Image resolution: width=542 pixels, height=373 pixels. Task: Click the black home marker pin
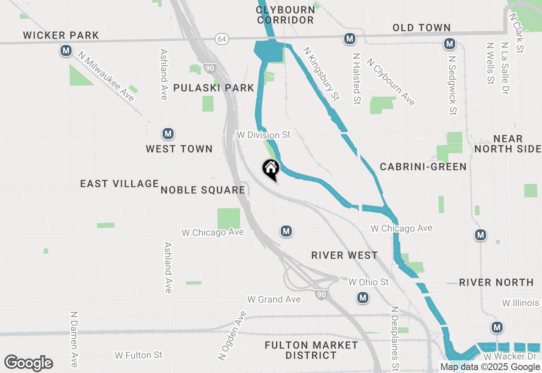tap(271, 169)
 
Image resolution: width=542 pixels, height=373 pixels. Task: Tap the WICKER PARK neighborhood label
tap(61, 35)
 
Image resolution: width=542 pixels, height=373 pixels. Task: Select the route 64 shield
tap(221, 39)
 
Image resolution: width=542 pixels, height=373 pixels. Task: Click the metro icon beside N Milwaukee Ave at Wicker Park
tap(66, 51)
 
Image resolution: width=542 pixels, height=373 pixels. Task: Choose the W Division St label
tap(264, 135)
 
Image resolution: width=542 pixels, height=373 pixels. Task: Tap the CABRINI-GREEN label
tap(423, 167)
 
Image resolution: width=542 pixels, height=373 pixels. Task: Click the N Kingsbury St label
tap(321, 74)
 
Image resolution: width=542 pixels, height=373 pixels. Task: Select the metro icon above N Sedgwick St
tap(449, 44)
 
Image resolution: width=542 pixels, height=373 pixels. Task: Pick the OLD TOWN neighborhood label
tap(421, 28)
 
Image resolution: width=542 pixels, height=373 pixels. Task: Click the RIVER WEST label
tap(344, 255)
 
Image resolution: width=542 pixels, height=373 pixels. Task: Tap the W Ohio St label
tap(368, 282)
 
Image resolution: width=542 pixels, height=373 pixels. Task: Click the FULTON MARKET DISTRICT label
tap(311, 350)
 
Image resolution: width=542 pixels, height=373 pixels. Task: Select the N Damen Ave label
tap(74, 339)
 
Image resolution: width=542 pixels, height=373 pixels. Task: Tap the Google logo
tap(28, 363)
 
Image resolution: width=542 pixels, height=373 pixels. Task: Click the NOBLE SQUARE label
tap(203, 190)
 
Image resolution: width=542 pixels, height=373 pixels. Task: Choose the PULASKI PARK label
tap(214, 88)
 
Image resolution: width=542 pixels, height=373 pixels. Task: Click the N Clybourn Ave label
tap(391, 82)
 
